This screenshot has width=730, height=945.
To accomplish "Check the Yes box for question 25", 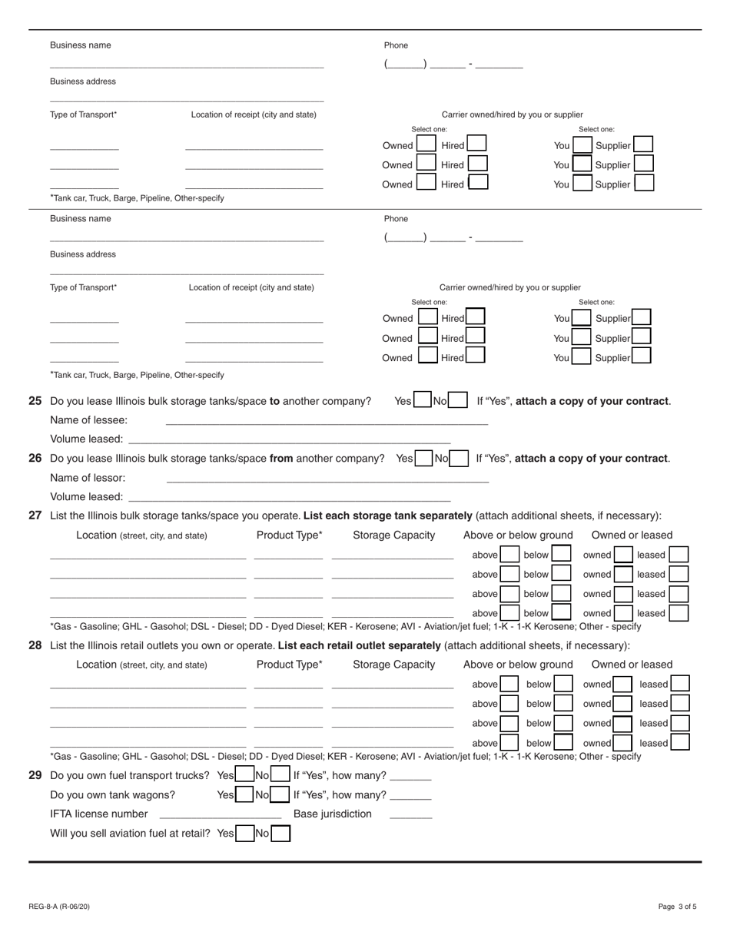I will [x=423, y=400].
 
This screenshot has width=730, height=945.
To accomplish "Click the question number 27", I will [x=35, y=516].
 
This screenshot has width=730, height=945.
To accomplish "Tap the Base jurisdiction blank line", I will [x=410, y=814].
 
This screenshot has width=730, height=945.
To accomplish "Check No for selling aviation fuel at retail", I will [x=281, y=834].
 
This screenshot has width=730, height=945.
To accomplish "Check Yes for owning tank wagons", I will [x=244, y=795].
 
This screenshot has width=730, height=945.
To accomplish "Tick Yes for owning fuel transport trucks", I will [x=244, y=775].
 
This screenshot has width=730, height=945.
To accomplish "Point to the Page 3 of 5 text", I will [x=677, y=907].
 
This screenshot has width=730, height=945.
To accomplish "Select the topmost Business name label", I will [x=81, y=45].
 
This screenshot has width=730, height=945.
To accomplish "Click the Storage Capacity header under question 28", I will [x=393, y=665].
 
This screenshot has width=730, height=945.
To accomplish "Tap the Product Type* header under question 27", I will [x=289, y=535].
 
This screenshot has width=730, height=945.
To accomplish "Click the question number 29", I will [x=35, y=775].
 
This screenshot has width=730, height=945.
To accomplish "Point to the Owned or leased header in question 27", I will [x=632, y=535].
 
